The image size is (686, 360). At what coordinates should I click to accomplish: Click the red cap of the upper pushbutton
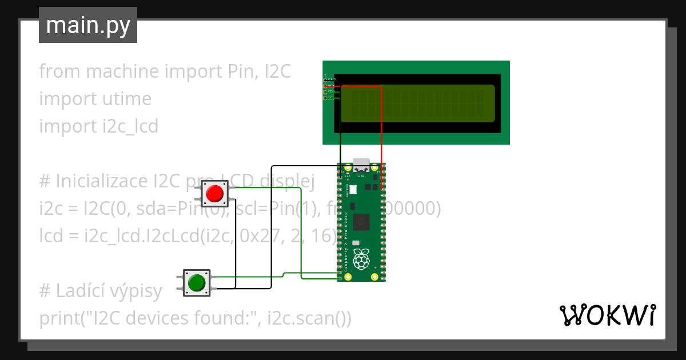[214, 193]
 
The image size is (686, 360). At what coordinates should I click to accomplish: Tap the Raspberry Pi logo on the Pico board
[361, 259]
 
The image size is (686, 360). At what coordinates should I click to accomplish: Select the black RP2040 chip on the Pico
[361, 222]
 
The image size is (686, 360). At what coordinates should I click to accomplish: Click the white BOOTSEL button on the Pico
[353, 189]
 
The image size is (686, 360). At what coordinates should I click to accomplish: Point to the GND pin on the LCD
[325, 80]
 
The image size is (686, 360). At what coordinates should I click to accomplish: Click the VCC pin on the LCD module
[325, 86]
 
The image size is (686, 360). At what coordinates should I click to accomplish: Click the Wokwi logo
[607, 315]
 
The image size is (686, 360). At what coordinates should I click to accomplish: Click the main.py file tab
[87, 26]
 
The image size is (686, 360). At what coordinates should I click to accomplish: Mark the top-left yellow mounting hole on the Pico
[348, 168]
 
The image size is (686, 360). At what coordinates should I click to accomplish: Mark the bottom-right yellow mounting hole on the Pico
[374, 277]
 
